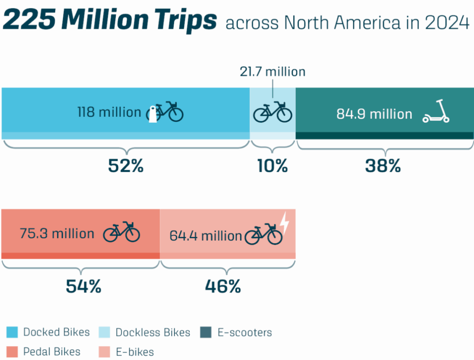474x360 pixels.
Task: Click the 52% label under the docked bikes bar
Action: point(125,165)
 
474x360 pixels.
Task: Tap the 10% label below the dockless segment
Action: point(273,165)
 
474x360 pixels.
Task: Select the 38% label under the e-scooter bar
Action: point(382,165)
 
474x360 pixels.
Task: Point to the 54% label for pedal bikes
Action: point(83,286)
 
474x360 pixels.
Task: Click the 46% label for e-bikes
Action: point(223,286)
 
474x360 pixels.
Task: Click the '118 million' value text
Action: point(109,112)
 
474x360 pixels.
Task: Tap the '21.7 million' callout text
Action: point(273,72)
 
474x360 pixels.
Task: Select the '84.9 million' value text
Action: point(374,114)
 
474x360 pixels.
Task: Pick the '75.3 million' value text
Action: point(57,233)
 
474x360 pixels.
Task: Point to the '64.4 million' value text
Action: point(206,236)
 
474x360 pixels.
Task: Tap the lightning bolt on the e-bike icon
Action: point(284,223)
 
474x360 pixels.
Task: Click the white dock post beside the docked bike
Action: point(152,114)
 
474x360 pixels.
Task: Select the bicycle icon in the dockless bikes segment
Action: point(273,112)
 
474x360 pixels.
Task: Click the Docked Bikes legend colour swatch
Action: point(12,332)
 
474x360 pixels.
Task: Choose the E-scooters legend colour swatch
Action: point(206,332)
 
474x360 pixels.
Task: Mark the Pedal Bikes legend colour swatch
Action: point(12,352)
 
